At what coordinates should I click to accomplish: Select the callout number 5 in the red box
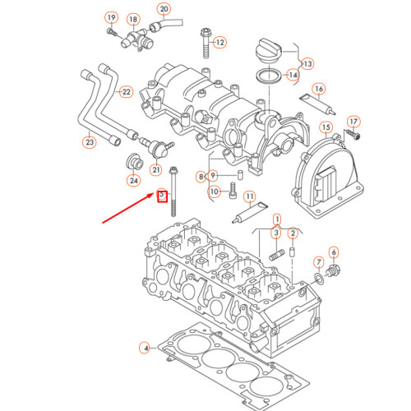point(162,196)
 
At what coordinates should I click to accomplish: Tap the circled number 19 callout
point(110,18)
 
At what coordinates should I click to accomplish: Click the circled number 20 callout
point(164,10)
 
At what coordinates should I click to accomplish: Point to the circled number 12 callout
point(219,40)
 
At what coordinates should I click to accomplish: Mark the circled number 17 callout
point(353,121)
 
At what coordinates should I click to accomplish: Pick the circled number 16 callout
point(319,89)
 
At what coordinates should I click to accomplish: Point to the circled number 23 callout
point(90,142)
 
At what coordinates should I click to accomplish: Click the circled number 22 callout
point(126,91)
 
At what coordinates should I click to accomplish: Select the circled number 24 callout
point(132,180)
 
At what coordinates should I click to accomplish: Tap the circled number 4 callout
point(145,349)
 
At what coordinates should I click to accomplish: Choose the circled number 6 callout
point(333,252)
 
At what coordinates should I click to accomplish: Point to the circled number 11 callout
point(250,197)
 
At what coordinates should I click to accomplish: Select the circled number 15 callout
point(326,128)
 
